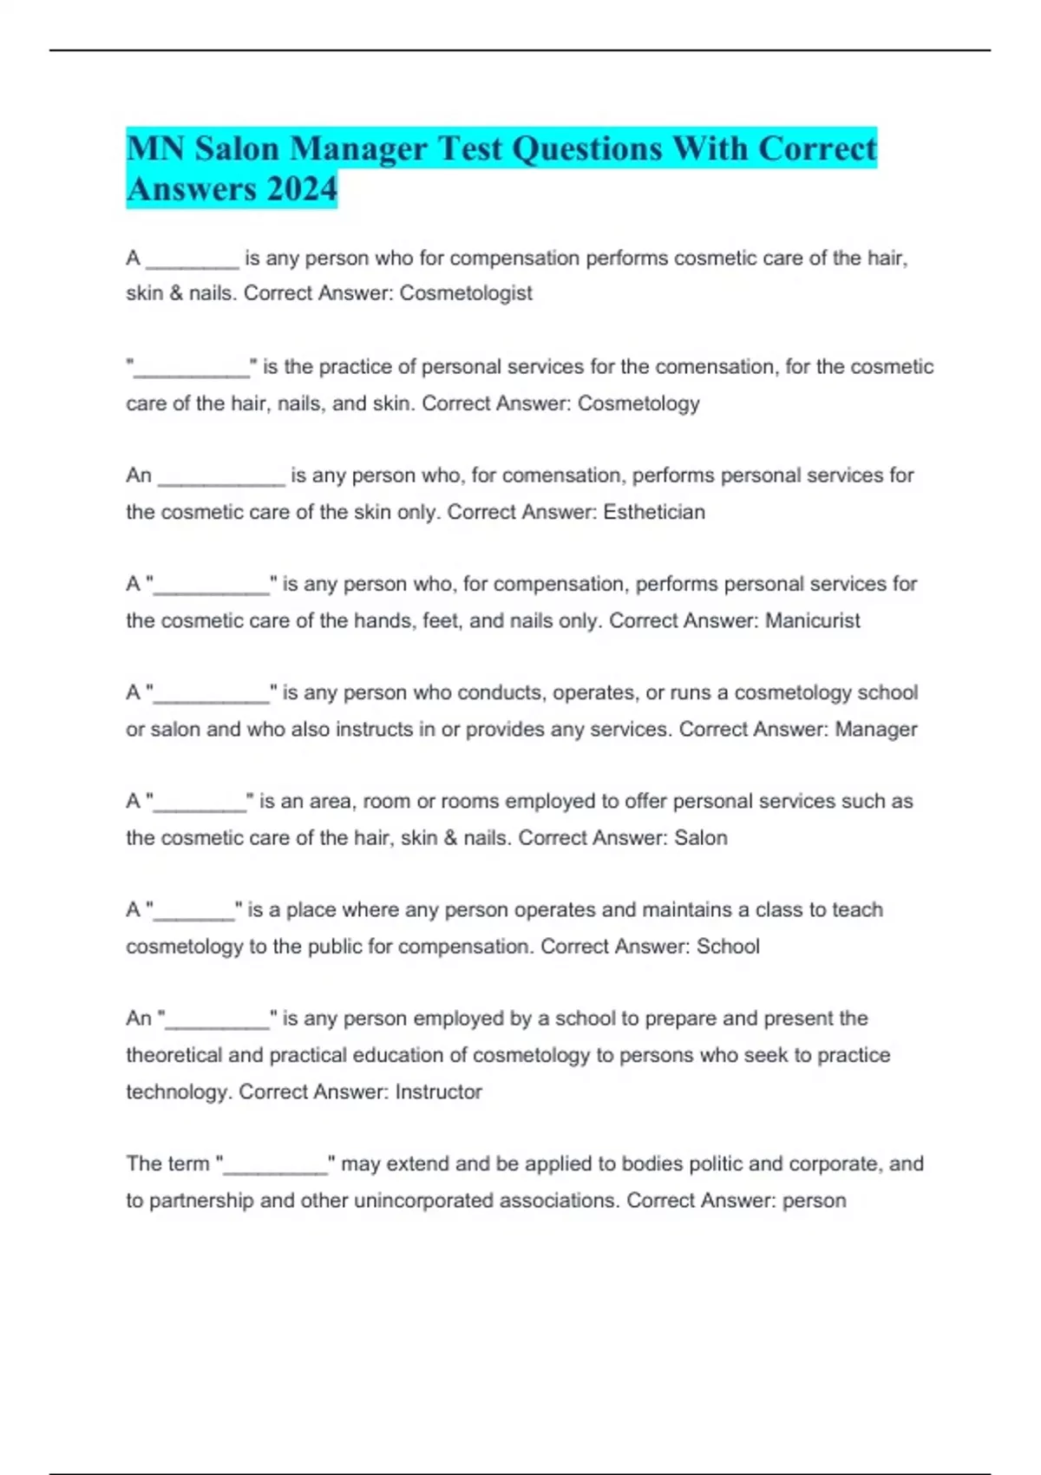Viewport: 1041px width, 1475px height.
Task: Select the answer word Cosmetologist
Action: [x=466, y=293]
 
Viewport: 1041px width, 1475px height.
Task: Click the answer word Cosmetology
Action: [x=638, y=403]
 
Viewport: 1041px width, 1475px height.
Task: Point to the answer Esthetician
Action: [x=654, y=512]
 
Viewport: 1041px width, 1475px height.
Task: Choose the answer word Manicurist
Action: [x=813, y=620]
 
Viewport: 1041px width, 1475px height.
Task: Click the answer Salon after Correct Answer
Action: [x=701, y=838]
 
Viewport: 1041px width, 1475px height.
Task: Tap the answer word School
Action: [x=728, y=947]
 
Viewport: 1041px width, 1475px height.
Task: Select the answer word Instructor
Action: [x=438, y=1091]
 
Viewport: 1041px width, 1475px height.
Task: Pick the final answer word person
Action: [x=814, y=1201]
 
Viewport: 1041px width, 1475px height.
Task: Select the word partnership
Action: [x=202, y=1201]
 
